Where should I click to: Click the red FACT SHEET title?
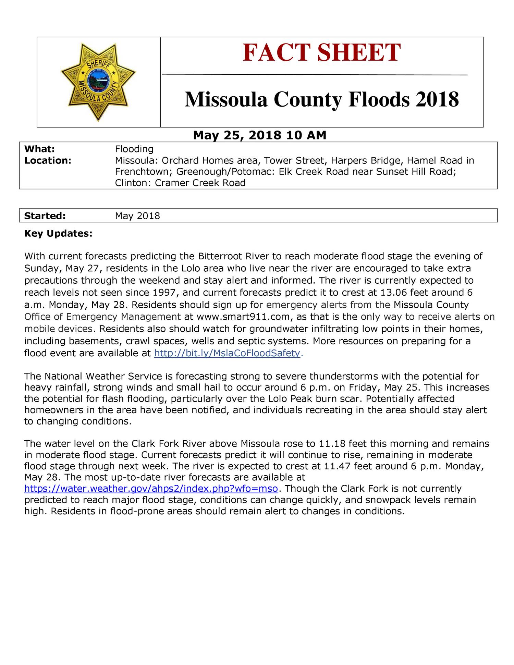(x=321, y=53)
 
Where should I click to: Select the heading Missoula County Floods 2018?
(x=321, y=99)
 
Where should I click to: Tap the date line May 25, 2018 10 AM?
(x=259, y=135)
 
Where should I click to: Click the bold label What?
(x=40, y=149)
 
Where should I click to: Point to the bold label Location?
(x=48, y=160)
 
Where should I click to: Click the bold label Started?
(x=45, y=216)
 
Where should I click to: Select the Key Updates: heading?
(x=58, y=234)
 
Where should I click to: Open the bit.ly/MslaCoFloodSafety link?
(x=227, y=353)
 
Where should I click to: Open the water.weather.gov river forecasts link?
(x=151, y=489)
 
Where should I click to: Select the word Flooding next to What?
(x=134, y=149)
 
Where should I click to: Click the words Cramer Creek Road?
(x=200, y=183)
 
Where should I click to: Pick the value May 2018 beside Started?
(x=137, y=216)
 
